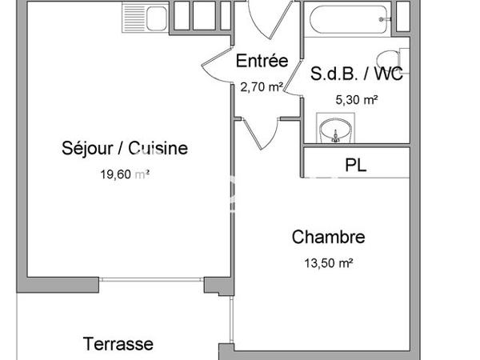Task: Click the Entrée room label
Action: tap(261, 61)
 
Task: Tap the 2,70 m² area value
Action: tap(261, 87)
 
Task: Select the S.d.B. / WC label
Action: tap(356, 76)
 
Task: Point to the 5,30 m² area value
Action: tap(356, 100)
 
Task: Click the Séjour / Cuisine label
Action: tap(124, 148)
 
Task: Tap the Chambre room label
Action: tap(328, 237)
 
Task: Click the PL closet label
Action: tap(356, 166)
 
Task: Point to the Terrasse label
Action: tap(118, 344)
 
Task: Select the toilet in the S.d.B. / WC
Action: tap(390, 60)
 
